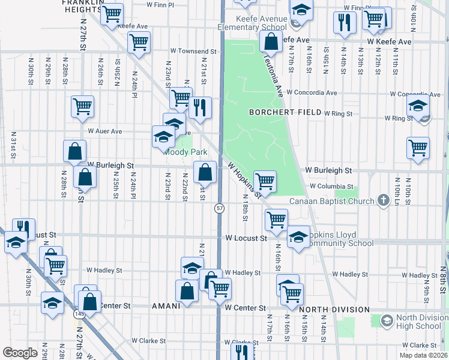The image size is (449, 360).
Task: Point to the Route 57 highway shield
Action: [220, 208]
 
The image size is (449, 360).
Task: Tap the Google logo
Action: [20, 352]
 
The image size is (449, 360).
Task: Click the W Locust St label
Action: [246, 238]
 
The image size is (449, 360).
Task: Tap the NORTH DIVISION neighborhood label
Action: [334, 310]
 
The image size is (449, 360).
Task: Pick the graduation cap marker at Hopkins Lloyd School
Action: [298, 236]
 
